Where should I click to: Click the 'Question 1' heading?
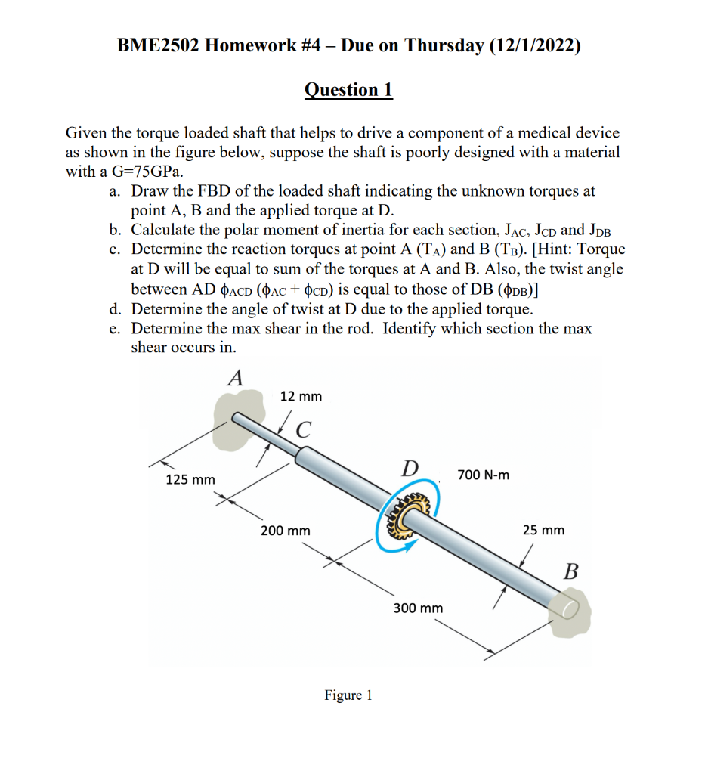coord(348,90)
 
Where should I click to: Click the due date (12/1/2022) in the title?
coord(535,45)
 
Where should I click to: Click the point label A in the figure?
coord(236,377)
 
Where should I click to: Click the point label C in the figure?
coord(304,429)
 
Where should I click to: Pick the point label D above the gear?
coord(410,468)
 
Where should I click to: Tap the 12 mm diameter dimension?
coord(301,396)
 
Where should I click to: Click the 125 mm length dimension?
coord(190,480)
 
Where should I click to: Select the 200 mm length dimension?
coord(285,531)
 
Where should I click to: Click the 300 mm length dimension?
coord(418,608)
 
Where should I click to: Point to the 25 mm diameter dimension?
coord(543,530)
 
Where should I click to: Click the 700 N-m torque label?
coord(484,475)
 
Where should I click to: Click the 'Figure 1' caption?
coord(348,695)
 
